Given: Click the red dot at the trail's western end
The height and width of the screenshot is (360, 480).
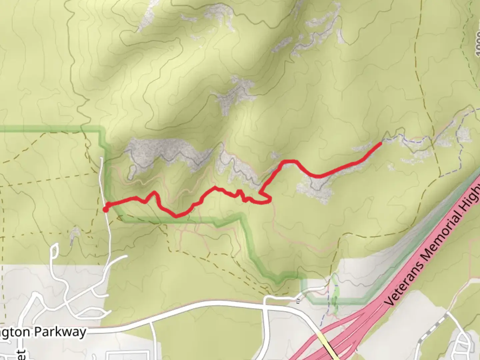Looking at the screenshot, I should coord(105,209).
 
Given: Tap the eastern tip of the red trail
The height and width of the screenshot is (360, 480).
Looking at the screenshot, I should coord(380,144).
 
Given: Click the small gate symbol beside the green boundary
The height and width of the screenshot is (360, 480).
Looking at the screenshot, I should coord(298,301).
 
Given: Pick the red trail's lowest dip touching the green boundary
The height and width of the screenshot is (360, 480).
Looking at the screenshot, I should coord(176,216).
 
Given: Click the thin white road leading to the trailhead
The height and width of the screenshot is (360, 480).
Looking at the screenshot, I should coord(107,233).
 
